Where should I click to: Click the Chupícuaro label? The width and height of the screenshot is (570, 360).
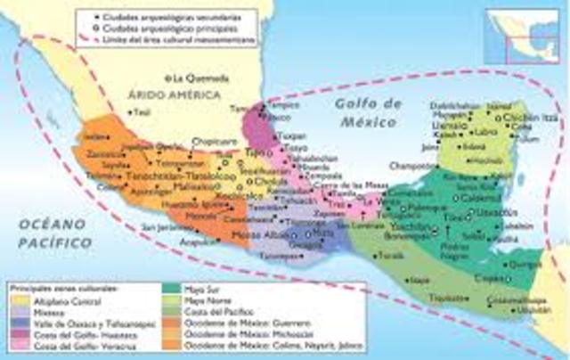(215, 140)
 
